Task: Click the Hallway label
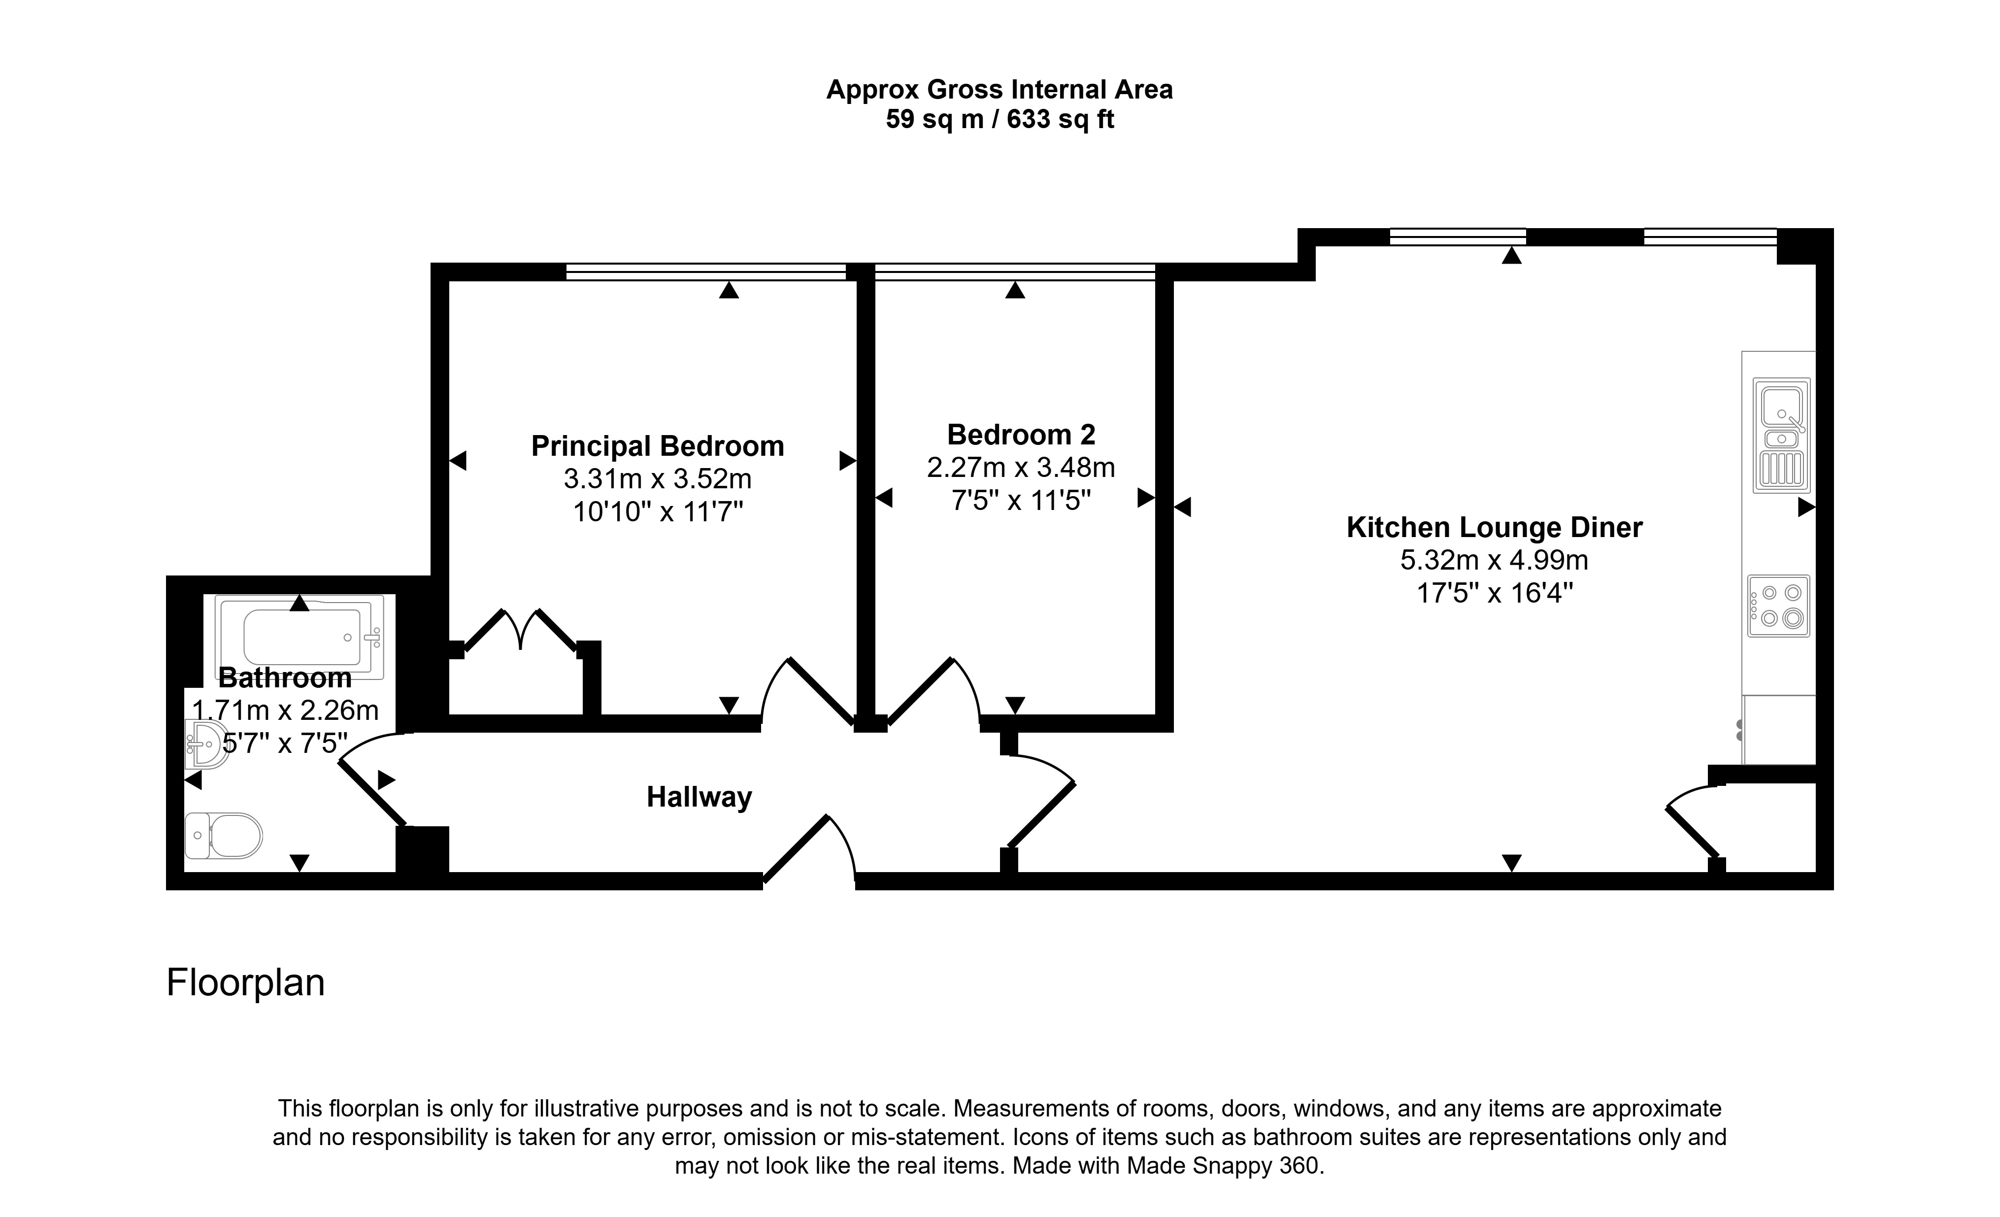[x=699, y=797]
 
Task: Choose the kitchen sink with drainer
[x=1782, y=435]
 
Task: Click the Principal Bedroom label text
[x=658, y=446]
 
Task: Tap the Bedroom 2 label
[x=1021, y=435]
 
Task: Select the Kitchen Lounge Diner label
[x=1494, y=528]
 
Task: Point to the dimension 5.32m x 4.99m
[x=1494, y=560]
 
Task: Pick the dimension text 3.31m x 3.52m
[x=658, y=479]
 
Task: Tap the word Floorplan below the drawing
[x=245, y=983]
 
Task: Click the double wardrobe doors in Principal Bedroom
[x=520, y=630]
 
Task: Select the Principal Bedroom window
[x=705, y=272]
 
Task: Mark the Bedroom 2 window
[x=1015, y=272]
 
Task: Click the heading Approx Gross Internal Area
[x=999, y=89]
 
